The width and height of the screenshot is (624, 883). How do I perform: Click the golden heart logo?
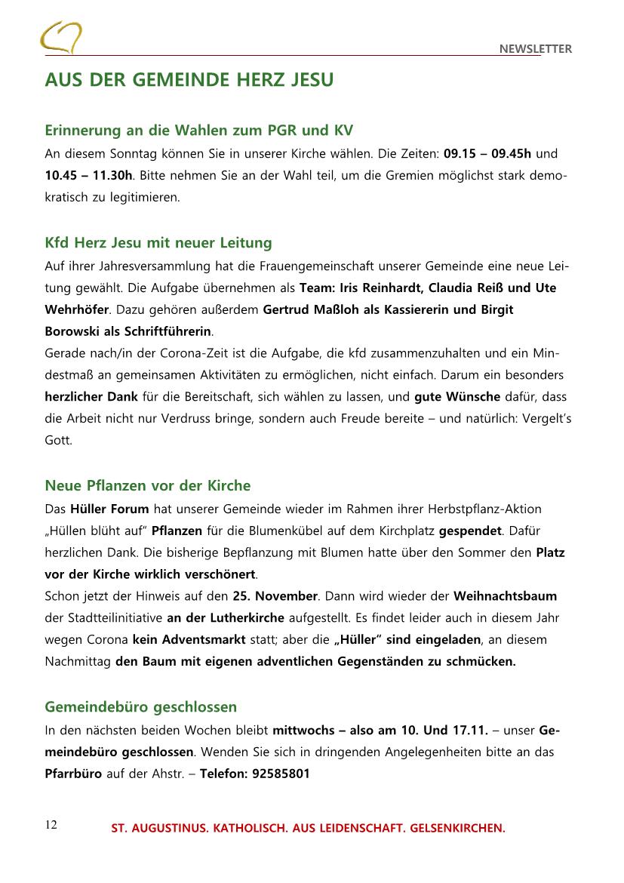[60, 37]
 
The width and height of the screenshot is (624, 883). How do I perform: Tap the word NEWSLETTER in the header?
[535, 49]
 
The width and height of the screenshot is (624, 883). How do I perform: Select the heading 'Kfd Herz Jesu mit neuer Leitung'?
[158, 243]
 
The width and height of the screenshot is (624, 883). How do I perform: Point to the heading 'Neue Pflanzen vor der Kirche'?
[148, 485]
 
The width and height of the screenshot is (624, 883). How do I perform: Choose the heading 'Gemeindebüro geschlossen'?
[141, 706]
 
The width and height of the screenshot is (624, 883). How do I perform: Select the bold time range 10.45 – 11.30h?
[89, 176]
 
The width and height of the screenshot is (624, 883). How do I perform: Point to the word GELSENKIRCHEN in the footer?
[457, 829]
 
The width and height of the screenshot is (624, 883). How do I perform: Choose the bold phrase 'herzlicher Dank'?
[91, 396]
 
